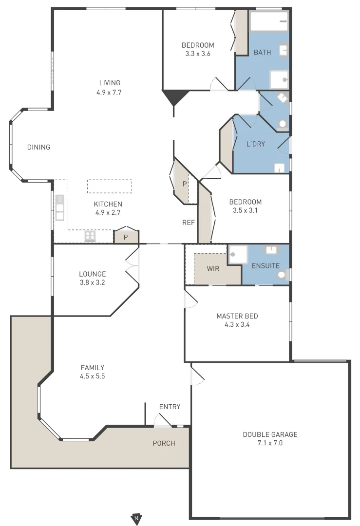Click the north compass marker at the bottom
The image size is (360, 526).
click(x=136, y=518)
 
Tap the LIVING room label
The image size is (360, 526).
click(x=110, y=83)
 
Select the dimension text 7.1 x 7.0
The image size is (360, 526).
click(x=269, y=443)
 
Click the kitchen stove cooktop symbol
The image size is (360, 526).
click(x=90, y=236)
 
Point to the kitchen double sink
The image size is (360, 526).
click(x=59, y=208)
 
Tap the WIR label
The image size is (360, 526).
click(x=213, y=269)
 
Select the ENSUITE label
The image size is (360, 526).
click(x=265, y=265)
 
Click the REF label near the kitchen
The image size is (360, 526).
click(x=189, y=223)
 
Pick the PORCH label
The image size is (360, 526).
click(x=164, y=443)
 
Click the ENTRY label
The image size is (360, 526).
click(x=170, y=407)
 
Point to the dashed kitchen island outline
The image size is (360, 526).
click(x=110, y=186)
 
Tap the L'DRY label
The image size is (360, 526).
click(x=256, y=144)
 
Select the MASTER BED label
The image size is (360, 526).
click(x=237, y=316)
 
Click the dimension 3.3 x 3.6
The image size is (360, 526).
click(x=198, y=54)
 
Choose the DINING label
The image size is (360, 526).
click(x=38, y=147)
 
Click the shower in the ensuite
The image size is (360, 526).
click(x=238, y=254)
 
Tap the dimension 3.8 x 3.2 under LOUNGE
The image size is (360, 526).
click(x=93, y=282)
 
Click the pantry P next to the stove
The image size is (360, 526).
click(x=126, y=237)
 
